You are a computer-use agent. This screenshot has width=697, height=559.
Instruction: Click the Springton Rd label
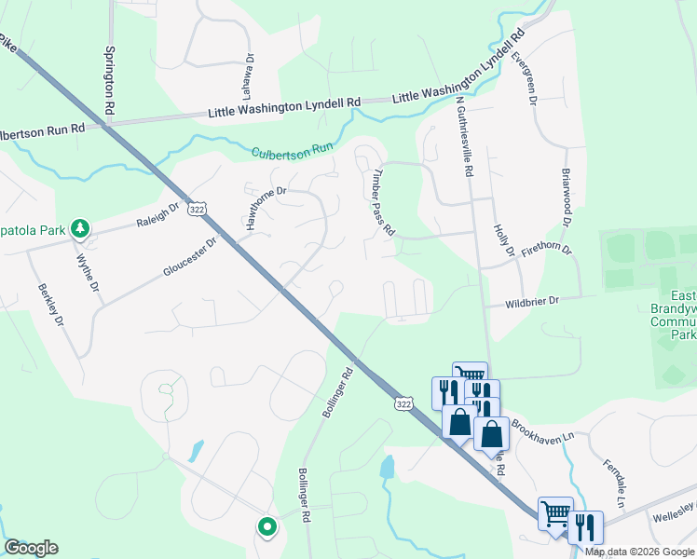tap(110, 81)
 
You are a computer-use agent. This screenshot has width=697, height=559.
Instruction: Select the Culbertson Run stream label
tap(292, 149)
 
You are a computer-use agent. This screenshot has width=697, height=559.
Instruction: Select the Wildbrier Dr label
tap(532, 301)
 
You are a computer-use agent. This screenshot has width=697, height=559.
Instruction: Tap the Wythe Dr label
tap(88, 273)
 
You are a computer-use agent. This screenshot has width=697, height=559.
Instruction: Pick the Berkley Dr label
tap(52, 305)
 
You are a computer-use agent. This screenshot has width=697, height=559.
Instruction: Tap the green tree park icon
tap(81, 228)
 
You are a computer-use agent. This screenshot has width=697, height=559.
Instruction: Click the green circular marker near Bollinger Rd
tap(267, 528)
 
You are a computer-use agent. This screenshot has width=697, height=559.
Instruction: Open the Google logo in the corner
tap(31, 548)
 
